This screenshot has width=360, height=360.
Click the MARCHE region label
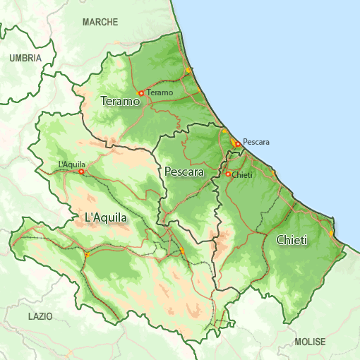100,23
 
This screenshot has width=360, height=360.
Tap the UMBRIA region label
25,59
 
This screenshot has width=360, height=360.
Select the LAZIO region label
40,316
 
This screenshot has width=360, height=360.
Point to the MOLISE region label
310,342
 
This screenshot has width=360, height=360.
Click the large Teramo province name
121,102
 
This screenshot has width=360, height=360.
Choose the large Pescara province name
184,172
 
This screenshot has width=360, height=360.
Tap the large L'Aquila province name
106,218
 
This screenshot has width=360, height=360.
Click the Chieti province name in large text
292,241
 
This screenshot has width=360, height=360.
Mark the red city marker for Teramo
141,92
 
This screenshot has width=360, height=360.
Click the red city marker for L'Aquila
81,172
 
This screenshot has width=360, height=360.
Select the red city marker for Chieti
228,174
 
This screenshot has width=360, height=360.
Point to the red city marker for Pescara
237,144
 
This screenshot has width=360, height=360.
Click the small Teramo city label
160,92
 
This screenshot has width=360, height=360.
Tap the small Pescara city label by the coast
256,142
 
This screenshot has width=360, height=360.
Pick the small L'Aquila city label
72,164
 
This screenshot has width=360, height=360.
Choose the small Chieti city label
242,174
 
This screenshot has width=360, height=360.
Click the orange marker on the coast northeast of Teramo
188,71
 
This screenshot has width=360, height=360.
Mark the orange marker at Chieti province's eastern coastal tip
332,233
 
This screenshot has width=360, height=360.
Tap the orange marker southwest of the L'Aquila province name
87,255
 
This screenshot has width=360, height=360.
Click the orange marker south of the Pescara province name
182,251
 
